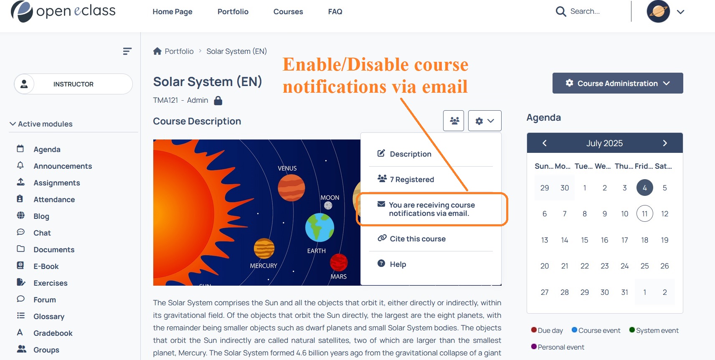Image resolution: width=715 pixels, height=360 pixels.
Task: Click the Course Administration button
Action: tap(618, 83)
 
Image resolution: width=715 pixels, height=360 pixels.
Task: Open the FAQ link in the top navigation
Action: tap(335, 12)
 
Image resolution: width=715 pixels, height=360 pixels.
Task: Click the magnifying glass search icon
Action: tap(560, 12)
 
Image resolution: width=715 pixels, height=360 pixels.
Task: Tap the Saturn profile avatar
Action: tap(658, 12)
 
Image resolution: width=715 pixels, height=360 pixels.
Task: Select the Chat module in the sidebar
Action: tap(42, 233)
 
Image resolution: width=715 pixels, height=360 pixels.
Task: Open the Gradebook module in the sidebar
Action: tap(53, 333)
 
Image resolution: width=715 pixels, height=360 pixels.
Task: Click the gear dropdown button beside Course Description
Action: tap(484, 121)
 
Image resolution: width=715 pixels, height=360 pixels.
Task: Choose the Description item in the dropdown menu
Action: tap(411, 154)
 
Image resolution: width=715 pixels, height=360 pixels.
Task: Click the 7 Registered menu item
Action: tap(412, 179)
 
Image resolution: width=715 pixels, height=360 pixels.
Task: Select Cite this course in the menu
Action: tap(418, 239)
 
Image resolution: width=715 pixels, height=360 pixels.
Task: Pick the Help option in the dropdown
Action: tap(398, 264)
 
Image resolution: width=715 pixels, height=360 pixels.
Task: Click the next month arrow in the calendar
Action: tap(665, 143)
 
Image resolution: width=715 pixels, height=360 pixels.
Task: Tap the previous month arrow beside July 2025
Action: tap(545, 143)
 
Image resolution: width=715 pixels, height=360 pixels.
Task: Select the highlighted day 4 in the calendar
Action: tap(644, 188)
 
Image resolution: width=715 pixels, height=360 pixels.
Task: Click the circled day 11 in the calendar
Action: tap(644, 213)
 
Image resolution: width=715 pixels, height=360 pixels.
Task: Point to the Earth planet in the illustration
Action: tap(319, 227)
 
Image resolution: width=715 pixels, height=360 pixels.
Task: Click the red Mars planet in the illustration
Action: tap(339, 263)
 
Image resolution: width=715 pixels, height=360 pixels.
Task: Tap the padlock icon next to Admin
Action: tap(218, 101)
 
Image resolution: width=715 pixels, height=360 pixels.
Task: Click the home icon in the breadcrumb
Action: tap(157, 51)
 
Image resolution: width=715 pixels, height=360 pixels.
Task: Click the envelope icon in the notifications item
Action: tap(381, 204)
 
